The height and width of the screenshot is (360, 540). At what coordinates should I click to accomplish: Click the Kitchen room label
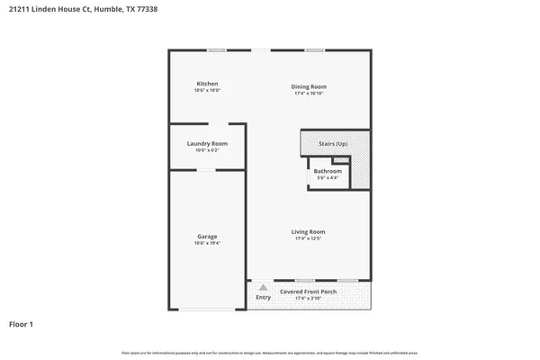tap(207, 84)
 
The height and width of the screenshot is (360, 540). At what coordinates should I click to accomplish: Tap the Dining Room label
tap(308, 86)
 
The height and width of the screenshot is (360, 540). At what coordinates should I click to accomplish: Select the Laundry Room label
tap(207, 144)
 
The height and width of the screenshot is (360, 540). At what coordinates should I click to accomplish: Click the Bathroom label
tap(328, 171)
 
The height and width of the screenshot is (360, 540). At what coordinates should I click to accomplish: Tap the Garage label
tap(207, 237)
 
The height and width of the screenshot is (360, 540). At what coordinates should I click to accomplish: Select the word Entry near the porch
tap(263, 297)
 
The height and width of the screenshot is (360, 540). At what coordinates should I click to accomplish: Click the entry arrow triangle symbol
tap(263, 287)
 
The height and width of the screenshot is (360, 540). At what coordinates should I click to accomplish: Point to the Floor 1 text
tap(22, 323)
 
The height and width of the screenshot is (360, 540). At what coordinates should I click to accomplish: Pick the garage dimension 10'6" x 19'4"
tap(207, 243)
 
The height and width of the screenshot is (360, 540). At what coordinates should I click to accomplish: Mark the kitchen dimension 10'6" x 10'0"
tap(207, 90)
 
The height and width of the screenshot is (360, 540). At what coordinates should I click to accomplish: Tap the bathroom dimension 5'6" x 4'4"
tap(328, 177)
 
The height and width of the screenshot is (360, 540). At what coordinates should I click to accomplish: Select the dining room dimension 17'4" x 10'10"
tap(308, 93)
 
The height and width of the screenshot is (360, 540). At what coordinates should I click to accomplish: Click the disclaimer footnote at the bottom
tap(270, 352)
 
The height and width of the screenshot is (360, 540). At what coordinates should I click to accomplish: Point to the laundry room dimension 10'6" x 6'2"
tap(207, 150)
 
